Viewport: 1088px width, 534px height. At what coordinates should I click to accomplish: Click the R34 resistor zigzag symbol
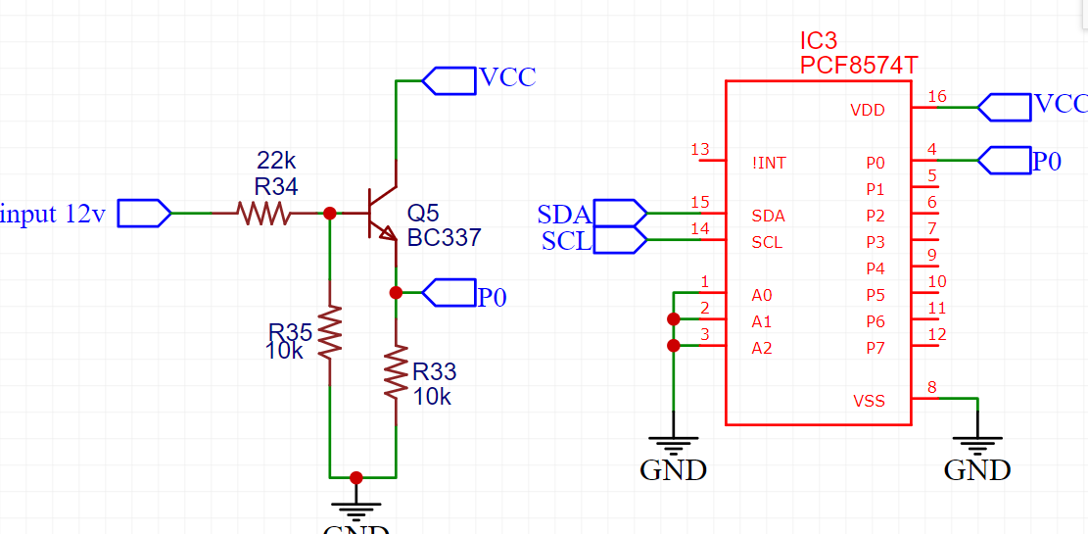point(263,214)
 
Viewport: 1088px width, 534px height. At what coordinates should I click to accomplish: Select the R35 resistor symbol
point(330,332)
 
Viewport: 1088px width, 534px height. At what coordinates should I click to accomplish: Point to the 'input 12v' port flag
point(144,214)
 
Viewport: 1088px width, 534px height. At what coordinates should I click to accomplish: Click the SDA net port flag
point(620,213)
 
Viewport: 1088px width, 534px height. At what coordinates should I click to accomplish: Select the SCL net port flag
point(620,240)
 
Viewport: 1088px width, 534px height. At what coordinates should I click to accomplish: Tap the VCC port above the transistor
point(449,80)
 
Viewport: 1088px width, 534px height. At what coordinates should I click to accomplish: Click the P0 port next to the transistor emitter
point(449,292)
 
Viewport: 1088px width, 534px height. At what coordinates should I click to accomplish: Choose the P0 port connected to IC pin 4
point(1004,161)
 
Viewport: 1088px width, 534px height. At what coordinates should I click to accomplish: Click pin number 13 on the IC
point(701,149)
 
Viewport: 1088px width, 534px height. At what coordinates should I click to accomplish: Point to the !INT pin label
point(769,164)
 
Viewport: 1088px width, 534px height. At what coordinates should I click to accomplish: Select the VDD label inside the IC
point(868,110)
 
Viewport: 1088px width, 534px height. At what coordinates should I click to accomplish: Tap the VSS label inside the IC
point(869,401)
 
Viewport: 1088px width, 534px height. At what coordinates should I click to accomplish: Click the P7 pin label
point(875,348)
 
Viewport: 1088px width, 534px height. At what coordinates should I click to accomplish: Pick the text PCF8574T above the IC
point(859,66)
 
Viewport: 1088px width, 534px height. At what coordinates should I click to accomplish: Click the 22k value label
point(276,161)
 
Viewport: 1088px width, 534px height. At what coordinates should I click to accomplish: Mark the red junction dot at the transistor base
point(330,214)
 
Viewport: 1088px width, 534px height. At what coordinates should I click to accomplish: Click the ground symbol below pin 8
point(977,445)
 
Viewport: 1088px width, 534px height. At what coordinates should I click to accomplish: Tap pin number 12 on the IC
point(937,335)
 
